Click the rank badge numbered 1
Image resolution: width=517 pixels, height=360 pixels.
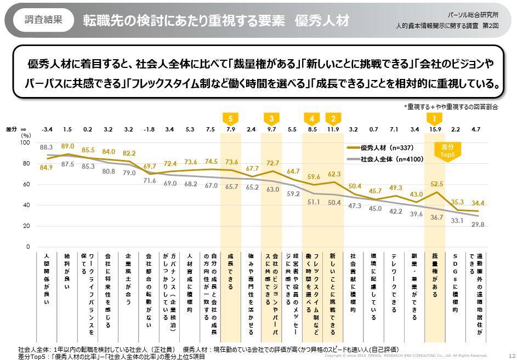pos(435,118)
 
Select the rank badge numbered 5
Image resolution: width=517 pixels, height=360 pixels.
pos(230,118)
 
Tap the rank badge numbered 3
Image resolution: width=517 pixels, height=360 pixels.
pos(271,118)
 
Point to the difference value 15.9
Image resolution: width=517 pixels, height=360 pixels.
pos(435,130)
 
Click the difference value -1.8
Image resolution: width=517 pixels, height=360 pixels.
pos(149,130)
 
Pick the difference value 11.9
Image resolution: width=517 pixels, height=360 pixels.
pos(332,130)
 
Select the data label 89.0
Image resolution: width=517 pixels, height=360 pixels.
pos(67,146)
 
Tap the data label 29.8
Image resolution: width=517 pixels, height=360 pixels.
pos(476,224)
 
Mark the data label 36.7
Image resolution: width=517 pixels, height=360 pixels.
pos(436,218)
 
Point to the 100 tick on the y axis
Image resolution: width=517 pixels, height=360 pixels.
pos(25,142)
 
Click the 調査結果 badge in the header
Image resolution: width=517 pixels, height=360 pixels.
pos(43,20)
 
